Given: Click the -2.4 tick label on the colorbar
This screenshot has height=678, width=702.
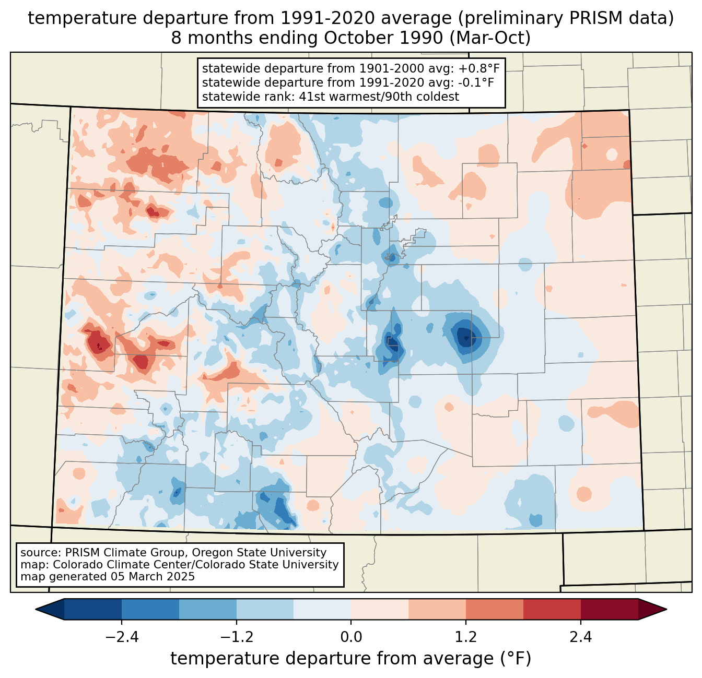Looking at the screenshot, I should [122, 637].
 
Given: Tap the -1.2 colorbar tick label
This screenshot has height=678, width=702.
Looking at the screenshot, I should [237, 637].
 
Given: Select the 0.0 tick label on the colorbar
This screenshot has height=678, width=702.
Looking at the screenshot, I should [351, 637].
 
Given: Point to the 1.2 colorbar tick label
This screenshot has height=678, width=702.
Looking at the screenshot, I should [466, 637].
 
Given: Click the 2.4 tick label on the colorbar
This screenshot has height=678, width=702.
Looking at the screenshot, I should [580, 637].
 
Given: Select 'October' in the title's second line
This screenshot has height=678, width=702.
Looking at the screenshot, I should [355, 38].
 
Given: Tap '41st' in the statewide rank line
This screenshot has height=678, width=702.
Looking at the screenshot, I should [310, 97].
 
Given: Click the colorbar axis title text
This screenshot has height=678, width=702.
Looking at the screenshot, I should [350, 659].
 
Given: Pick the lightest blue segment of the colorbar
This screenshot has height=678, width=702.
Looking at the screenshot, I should [322, 609].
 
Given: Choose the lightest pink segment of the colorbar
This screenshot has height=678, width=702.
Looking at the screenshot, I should [380, 609].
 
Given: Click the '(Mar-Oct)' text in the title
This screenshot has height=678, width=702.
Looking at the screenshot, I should [490, 38].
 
